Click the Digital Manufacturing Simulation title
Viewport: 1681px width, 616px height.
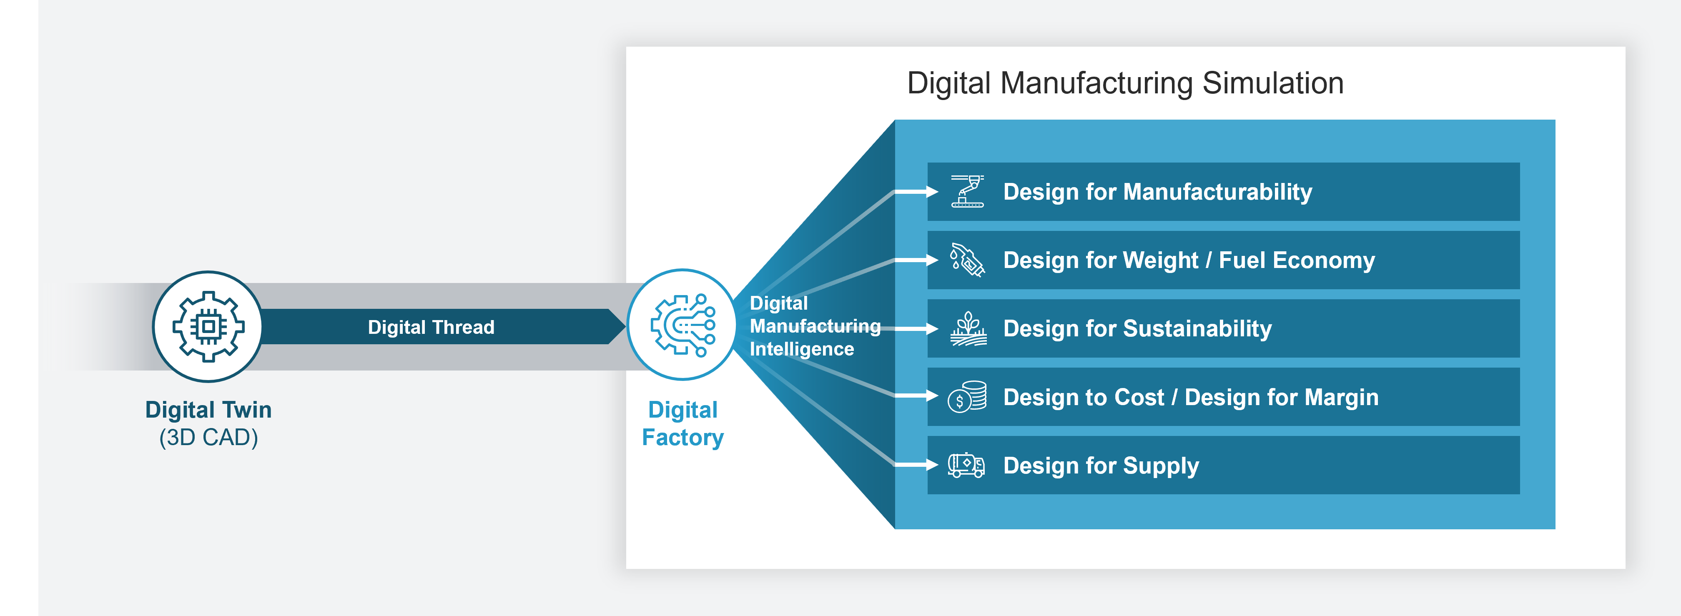pyautogui.click(x=1125, y=83)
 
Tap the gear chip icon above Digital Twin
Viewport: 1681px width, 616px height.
pyautogui.click(x=208, y=326)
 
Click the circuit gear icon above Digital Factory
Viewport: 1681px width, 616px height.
pyautogui.click(x=682, y=325)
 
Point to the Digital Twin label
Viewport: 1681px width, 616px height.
pyautogui.click(x=208, y=410)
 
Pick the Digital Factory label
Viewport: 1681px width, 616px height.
pyautogui.click(x=682, y=423)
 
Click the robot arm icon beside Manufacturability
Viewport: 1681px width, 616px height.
pyautogui.click(x=967, y=192)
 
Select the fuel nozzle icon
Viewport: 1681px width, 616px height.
pyautogui.click(x=967, y=260)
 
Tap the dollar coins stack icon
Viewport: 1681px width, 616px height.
pyautogui.click(x=967, y=396)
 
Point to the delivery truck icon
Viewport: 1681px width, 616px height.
pyautogui.click(x=966, y=465)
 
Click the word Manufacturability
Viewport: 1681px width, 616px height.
pyautogui.click(x=1218, y=192)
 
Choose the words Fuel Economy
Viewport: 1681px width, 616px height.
pyautogui.click(x=1297, y=260)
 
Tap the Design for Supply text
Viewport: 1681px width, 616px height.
pyautogui.click(x=1101, y=466)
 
